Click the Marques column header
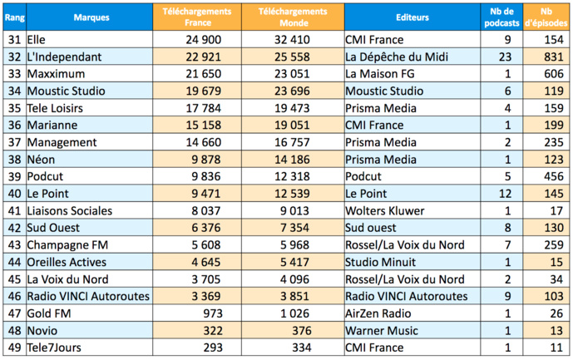click(x=90, y=17)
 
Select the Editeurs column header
click(x=412, y=17)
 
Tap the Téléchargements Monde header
click(x=294, y=17)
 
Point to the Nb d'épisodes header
click(x=546, y=17)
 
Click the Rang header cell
click(x=14, y=17)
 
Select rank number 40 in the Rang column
click(x=14, y=194)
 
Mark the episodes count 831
click(x=550, y=57)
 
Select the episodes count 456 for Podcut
click(x=550, y=176)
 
